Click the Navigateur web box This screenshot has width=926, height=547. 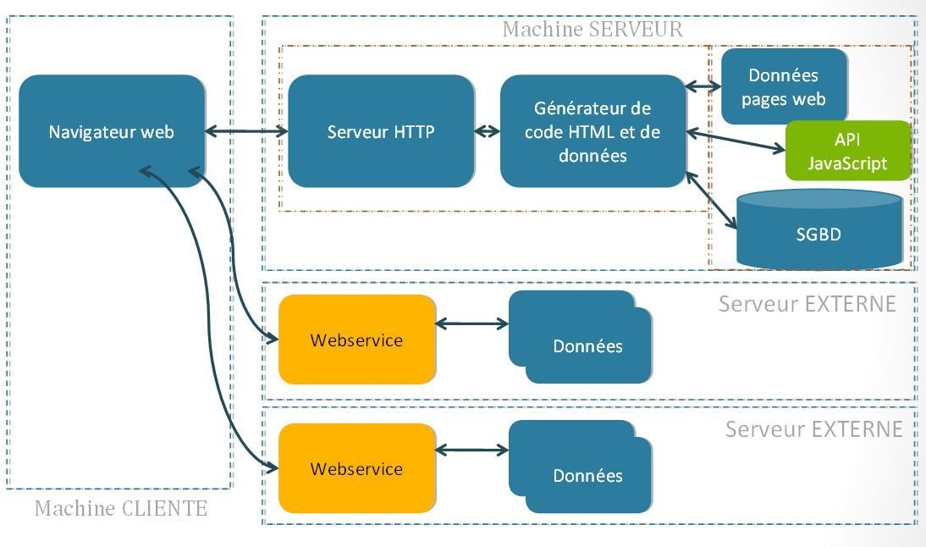point(111,131)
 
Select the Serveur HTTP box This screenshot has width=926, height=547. point(381,131)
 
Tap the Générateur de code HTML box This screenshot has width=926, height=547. point(593,131)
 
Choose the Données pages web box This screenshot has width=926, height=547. point(783,87)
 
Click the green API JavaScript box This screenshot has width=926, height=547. point(847,151)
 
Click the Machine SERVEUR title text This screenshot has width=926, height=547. point(592,29)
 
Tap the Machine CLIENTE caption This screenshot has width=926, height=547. point(120,508)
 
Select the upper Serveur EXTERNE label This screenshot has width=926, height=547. point(807,304)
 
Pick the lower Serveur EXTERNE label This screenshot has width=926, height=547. point(813,429)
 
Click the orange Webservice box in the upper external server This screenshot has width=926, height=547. point(356,340)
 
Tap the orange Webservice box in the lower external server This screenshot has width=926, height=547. point(356,468)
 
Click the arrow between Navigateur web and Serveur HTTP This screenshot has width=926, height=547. point(245,131)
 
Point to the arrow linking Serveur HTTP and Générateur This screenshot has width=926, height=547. point(487,131)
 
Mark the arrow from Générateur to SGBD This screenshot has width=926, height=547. point(711,200)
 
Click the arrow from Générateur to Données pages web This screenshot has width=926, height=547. point(702,86)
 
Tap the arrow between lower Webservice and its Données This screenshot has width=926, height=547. point(471,450)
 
